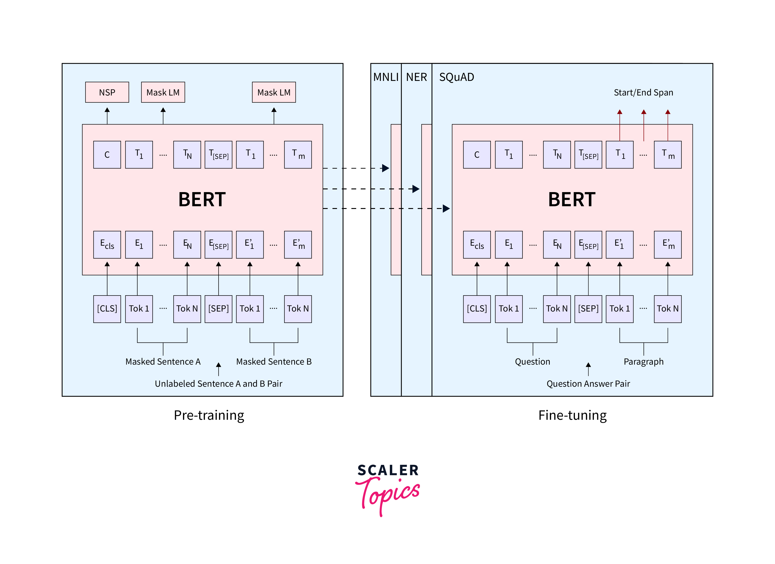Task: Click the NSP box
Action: click(x=107, y=92)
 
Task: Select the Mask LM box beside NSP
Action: click(x=163, y=92)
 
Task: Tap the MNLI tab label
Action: click(x=386, y=77)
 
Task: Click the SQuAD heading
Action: click(x=456, y=77)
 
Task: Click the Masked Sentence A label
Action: click(x=163, y=362)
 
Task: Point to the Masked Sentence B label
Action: click(x=274, y=362)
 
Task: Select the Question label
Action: click(x=532, y=362)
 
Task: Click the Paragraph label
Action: click(x=644, y=362)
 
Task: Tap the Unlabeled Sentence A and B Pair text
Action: click(x=218, y=384)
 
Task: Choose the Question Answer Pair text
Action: click(x=588, y=384)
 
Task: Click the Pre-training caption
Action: click(x=209, y=415)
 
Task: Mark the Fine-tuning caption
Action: click(x=572, y=415)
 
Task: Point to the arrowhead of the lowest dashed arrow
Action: click(x=446, y=209)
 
